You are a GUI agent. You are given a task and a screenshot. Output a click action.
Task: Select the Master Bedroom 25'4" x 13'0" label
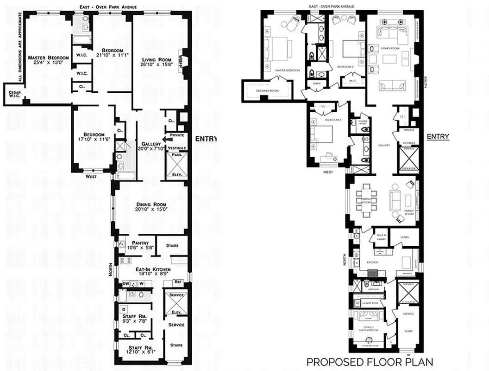tap(48, 60)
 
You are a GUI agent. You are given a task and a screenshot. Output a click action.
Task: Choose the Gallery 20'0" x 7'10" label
tap(151, 146)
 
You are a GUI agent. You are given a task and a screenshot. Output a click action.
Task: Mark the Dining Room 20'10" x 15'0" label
tap(151, 207)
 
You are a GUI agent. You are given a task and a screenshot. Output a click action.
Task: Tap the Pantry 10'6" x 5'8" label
tap(140, 244)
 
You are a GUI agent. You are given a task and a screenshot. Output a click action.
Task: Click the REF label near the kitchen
tap(178, 281)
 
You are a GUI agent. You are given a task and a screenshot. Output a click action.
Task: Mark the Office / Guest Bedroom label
tap(369, 329)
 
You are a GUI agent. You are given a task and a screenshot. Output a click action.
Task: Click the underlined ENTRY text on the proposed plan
tap(438, 136)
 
